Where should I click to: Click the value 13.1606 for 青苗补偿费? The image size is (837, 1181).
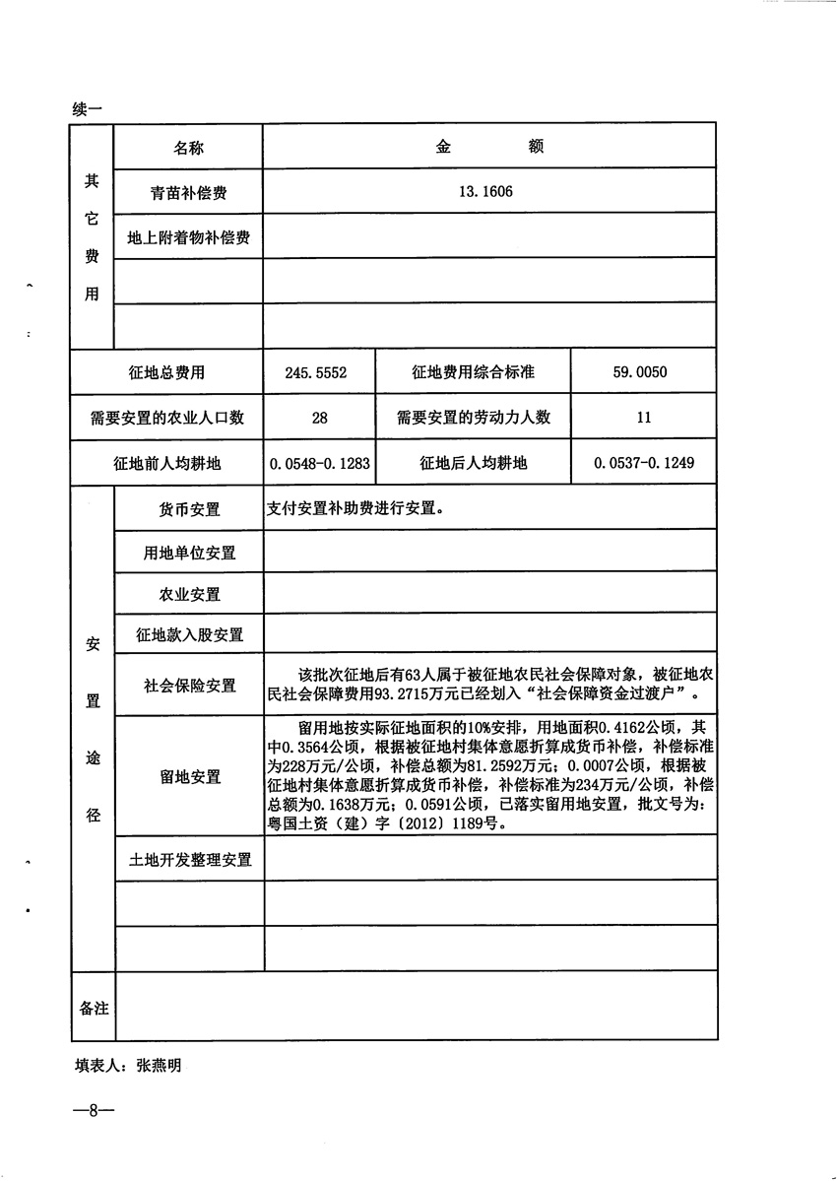pyautogui.click(x=485, y=193)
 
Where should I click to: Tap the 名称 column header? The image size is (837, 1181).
pyautogui.click(x=189, y=148)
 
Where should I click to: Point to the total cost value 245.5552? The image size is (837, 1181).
pyautogui.click(x=316, y=373)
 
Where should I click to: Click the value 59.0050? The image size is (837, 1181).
pyautogui.click(x=644, y=373)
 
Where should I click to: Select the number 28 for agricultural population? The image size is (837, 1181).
pyautogui.click(x=319, y=418)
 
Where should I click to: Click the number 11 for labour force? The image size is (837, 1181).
pyautogui.click(x=644, y=418)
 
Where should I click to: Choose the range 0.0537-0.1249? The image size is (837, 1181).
pyautogui.click(x=644, y=463)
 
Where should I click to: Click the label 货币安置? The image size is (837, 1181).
pyautogui.click(x=189, y=510)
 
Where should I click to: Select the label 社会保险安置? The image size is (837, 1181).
pyautogui.click(x=189, y=686)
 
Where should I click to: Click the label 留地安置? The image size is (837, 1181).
pyautogui.click(x=189, y=777)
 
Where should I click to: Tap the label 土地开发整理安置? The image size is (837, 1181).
pyautogui.click(x=189, y=860)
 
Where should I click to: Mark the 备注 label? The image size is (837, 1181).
pyautogui.click(x=94, y=1009)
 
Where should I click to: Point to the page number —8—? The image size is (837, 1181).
pyautogui.click(x=95, y=1111)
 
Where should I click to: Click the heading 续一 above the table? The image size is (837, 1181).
pyautogui.click(x=88, y=109)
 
